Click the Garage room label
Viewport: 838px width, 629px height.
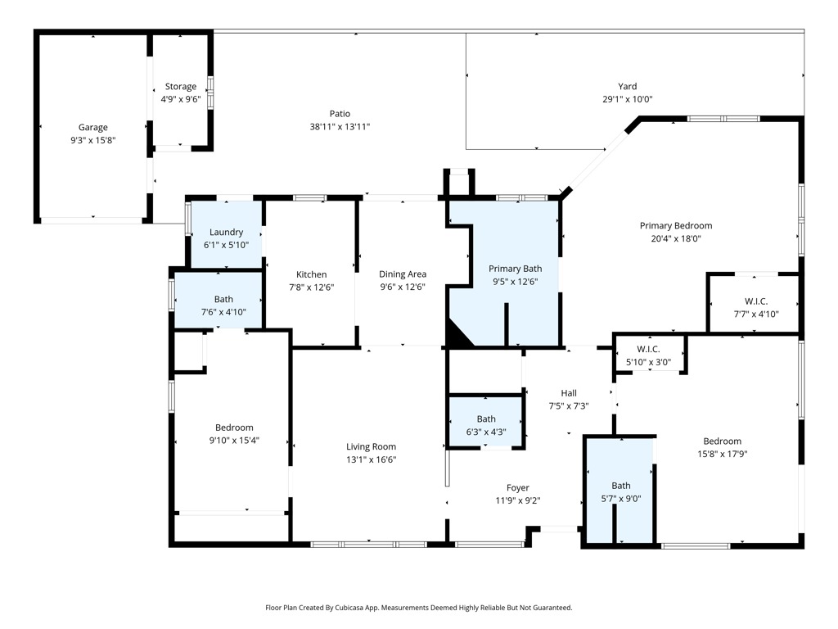click(x=93, y=127)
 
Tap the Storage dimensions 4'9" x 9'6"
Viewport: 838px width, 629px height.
click(x=181, y=99)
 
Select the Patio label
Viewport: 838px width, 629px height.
click(x=340, y=113)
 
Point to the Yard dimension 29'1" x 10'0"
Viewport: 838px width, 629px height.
click(x=628, y=99)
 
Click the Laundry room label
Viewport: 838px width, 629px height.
click(x=226, y=232)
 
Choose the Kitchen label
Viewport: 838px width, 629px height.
click(x=312, y=274)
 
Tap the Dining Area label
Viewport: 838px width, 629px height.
click(x=403, y=274)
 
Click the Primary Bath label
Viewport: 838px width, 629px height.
click(x=516, y=269)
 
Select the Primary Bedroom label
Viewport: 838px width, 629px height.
click(x=676, y=226)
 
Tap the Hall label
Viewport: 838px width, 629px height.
click(x=569, y=393)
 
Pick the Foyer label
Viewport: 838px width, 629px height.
click(x=518, y=488)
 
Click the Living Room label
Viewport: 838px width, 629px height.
click(x=371, y=446)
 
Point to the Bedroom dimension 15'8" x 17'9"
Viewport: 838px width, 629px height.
click(x=722, y=454)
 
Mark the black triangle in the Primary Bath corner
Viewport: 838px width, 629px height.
click(x=457, y=334)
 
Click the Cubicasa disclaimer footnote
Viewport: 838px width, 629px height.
click(x=419, y=608)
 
